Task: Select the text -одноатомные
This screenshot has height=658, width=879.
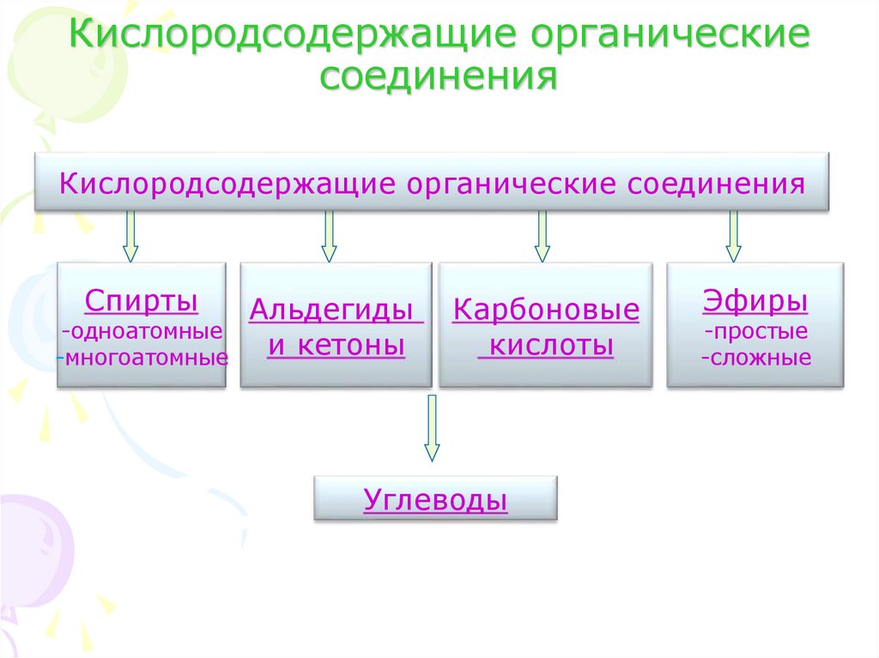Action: [x=142, y=331]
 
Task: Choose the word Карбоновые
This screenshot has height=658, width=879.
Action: [x=546, y=310]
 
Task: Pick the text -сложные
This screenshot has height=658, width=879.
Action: [x=755, y=357]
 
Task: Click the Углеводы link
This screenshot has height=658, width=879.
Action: [x=435, y=499]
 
